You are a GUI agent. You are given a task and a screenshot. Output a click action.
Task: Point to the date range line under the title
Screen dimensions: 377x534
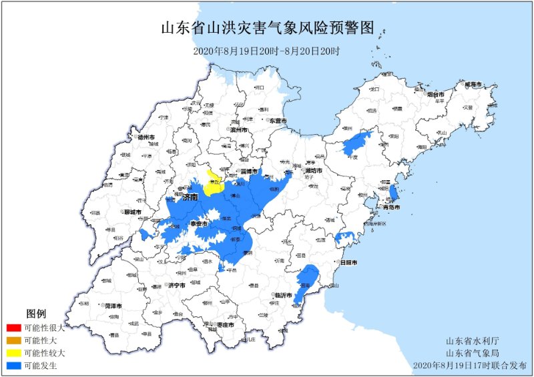point(267,51)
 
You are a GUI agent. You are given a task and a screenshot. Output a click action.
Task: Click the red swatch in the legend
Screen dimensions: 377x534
point(13,328)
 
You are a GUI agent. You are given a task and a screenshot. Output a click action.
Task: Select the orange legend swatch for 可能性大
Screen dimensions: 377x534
point(13,340)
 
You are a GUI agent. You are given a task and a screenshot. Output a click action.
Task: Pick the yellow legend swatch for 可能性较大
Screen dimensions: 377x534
point(13,353)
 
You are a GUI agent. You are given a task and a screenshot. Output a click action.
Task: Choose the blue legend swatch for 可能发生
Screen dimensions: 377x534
point(13,366)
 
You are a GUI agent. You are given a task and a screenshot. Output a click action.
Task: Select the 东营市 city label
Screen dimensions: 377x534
point(278,121)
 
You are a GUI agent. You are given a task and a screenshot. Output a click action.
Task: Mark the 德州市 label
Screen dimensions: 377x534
point(146,137)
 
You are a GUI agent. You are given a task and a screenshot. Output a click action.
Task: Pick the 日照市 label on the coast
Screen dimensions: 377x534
point(348,264)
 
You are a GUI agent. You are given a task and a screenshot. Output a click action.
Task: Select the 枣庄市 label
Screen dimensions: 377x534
point(225,325)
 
